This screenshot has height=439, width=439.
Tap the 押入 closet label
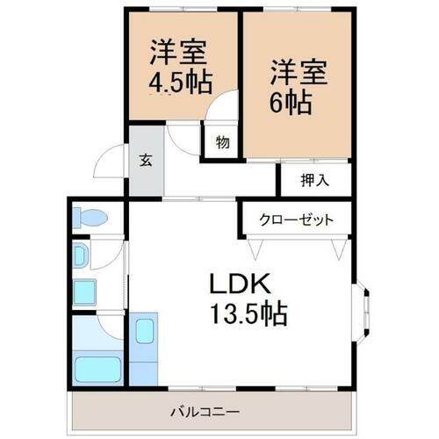coord(314,182)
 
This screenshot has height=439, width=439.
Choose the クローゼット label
coord(296,219)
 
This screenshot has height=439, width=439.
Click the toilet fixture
coord(89,217)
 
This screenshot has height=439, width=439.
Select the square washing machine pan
coord(84,291)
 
